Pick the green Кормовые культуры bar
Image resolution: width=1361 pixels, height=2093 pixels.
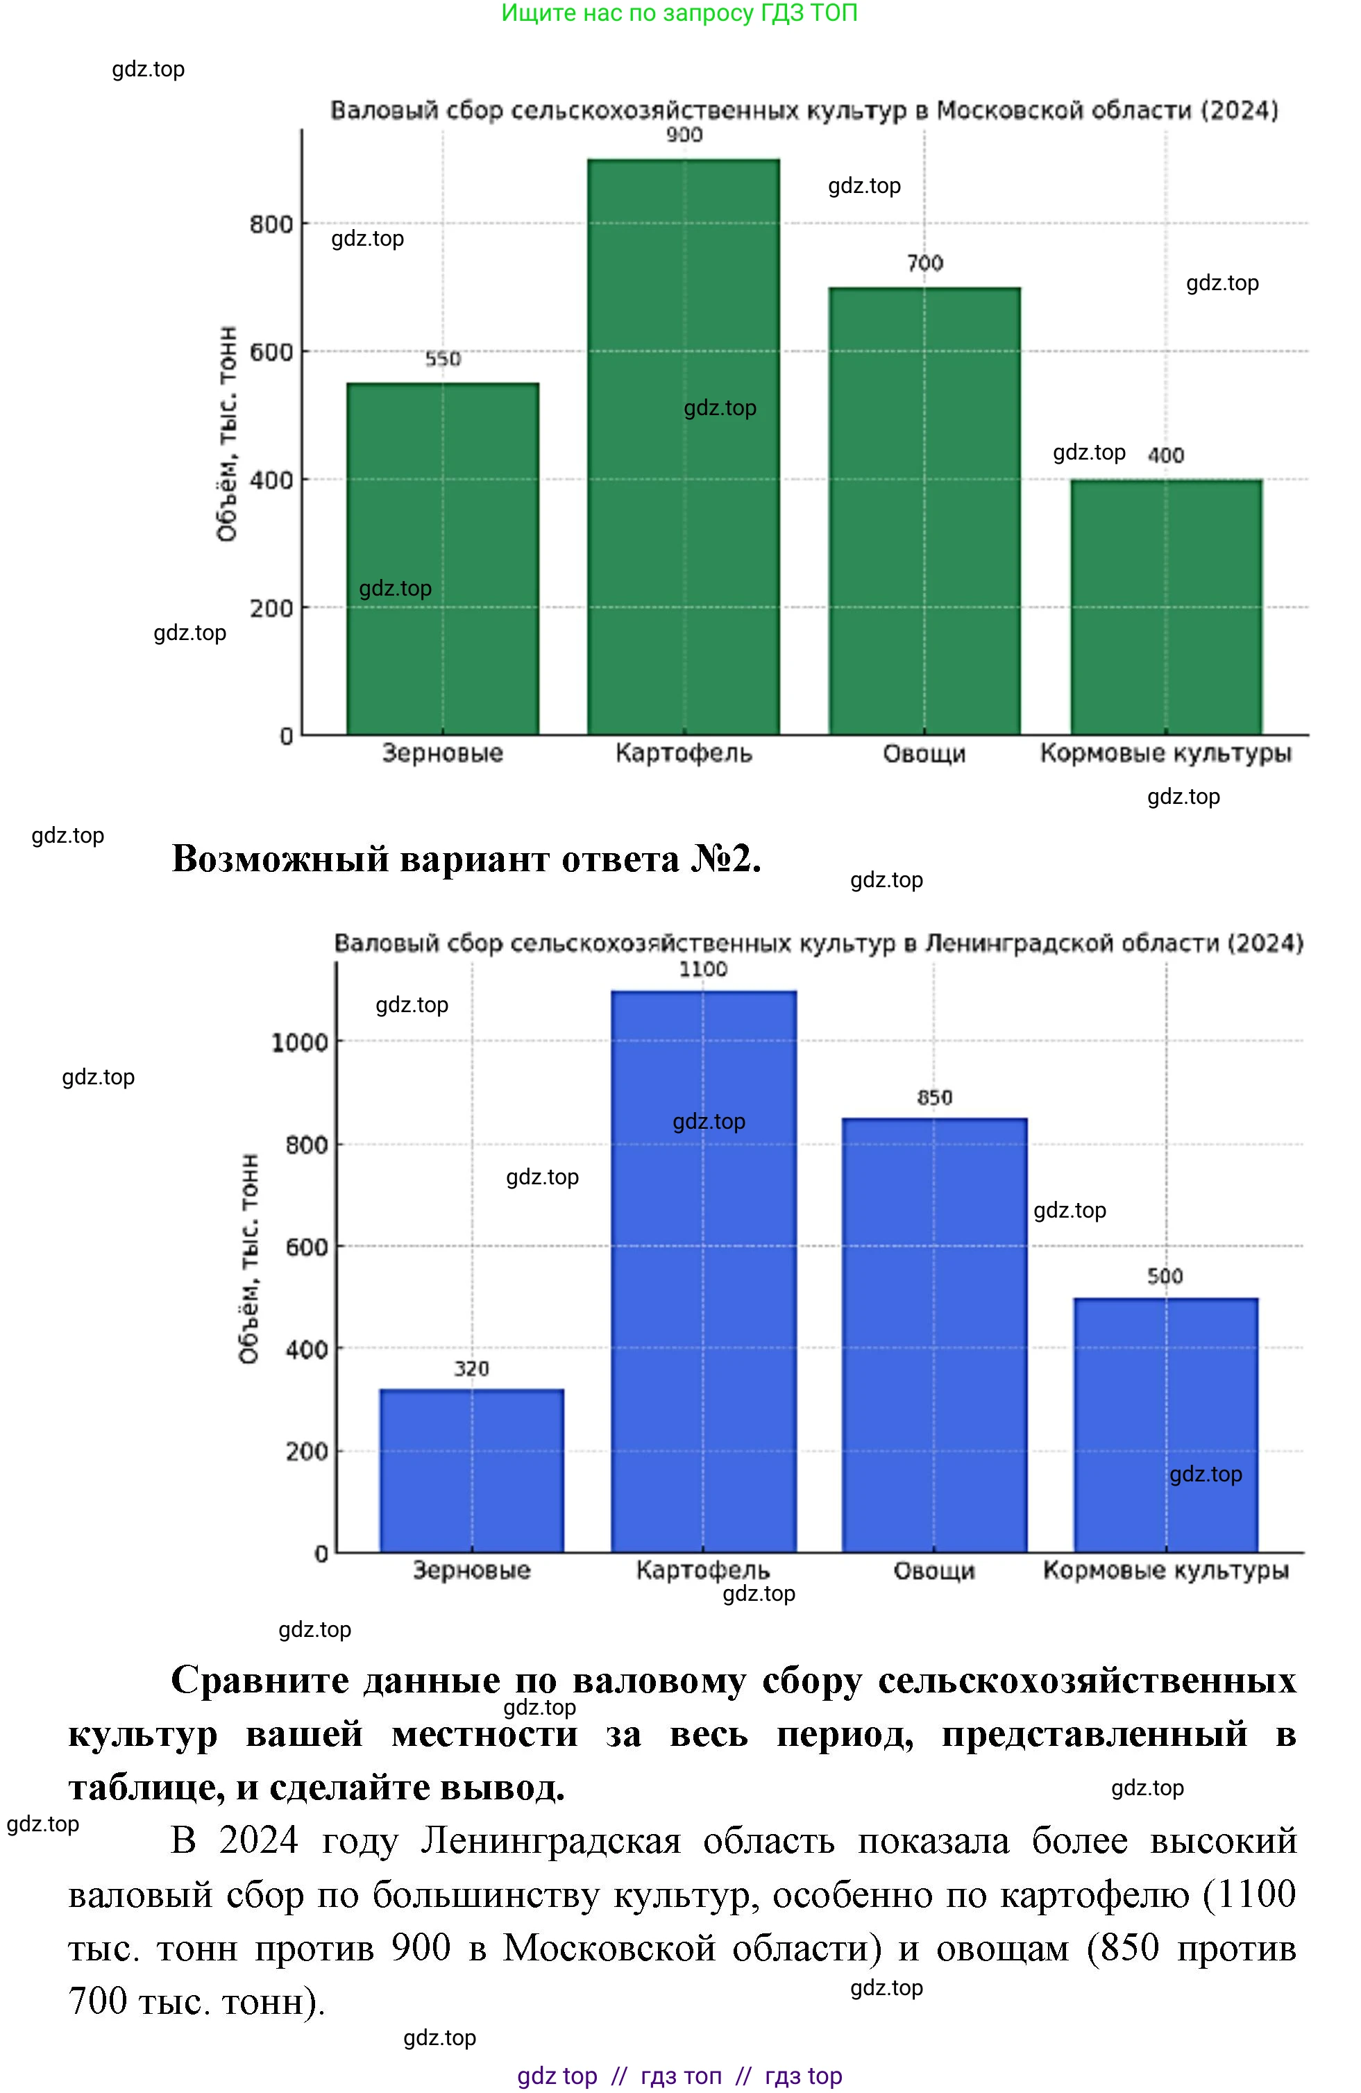tap(1166, 607)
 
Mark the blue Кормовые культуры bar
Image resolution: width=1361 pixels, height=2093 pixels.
tap(1166, 1424)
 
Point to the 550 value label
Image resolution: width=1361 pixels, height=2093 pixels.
tap(442, 359)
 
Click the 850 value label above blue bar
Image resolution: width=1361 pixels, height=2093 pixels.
tap(933, 1098)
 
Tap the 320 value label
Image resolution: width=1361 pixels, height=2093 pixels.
tap(471, 1368)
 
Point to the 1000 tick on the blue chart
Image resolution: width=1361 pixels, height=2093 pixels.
tap(299, 1043)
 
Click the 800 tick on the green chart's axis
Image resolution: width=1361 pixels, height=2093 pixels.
tap(271, 224)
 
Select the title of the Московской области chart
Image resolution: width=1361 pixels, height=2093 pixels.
tap(804, 111)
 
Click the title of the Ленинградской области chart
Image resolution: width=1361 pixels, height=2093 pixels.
tap(818, 943)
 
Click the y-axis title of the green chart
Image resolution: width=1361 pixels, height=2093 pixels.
tap(227, 434)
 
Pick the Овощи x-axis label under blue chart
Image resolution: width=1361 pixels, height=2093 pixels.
tap(933, 1571)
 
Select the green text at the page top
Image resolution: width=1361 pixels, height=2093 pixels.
tap(679, 13)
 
